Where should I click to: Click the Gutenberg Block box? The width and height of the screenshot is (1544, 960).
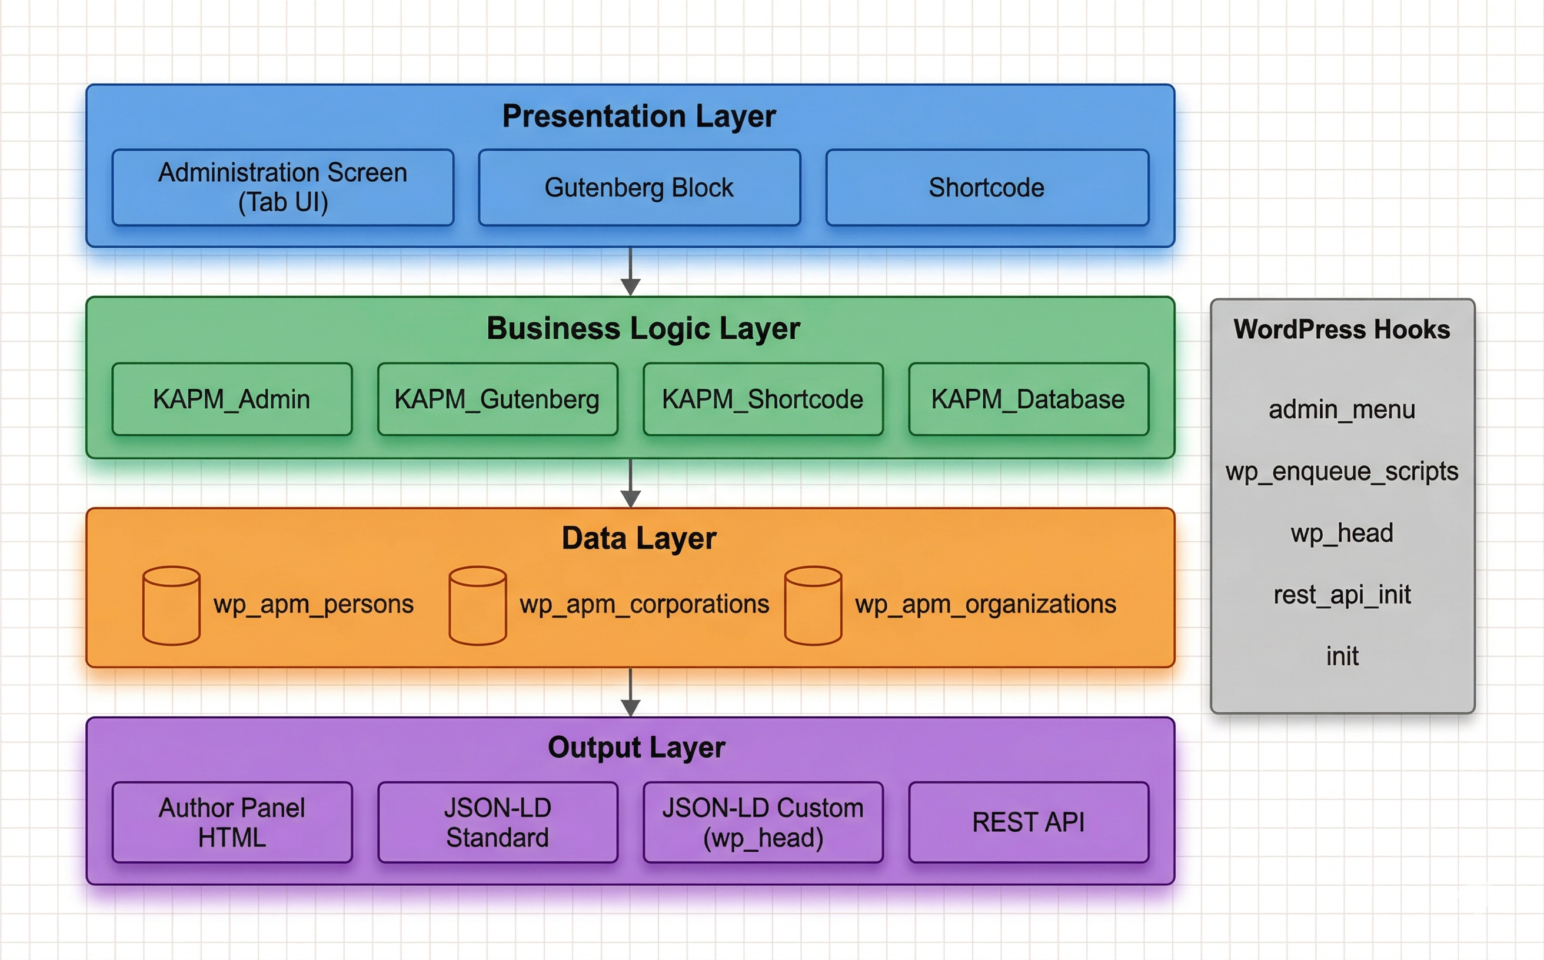tap(639, 187)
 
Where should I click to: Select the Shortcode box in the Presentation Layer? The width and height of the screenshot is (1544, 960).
tap(987, 187)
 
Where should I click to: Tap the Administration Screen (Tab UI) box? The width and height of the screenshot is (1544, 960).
tap(282, 187)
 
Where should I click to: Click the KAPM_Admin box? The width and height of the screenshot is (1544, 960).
tap(232, 399)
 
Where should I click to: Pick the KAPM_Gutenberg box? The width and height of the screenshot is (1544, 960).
tap(497, 399)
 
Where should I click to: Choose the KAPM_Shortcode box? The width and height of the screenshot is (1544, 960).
tap(763, 399)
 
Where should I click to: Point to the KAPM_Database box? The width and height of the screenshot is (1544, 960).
tap(1029, 399)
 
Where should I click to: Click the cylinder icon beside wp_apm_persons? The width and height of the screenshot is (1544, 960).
tap(171, 606)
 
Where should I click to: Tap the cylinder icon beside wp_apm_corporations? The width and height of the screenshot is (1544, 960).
tap(478, 606)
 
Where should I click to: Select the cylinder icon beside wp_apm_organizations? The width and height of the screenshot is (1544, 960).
tap(813, 606)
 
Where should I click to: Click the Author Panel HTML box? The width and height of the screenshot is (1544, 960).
tap(232, 822)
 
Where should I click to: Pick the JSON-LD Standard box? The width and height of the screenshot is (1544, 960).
tap(497, 822)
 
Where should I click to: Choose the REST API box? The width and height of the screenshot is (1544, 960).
tap(1029, 822)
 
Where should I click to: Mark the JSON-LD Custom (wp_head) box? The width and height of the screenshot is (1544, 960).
tap(763, 822)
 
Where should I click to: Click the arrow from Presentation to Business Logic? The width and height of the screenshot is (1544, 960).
tap(630, 272)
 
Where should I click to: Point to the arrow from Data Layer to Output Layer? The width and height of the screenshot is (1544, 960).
tap(630, 692)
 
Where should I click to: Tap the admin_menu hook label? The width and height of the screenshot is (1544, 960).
tap(1342, 409)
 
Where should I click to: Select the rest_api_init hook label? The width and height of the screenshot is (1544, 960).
tap(1342, 595)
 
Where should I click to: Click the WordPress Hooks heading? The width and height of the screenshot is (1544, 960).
tap(1342, 329)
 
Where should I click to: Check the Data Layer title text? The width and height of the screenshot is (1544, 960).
tap(639, 538)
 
